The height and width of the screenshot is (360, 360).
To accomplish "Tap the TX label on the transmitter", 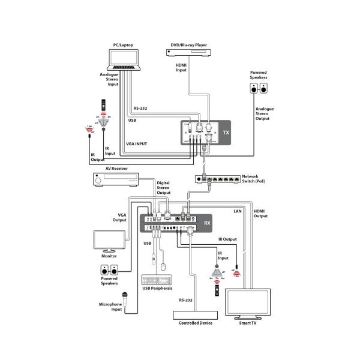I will click(x=226, y=133).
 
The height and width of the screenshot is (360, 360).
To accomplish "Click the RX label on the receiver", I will click(x=208, y=224).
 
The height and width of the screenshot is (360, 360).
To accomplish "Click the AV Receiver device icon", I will click(x=117, y=179).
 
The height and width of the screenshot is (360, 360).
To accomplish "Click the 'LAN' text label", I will click(x=238, y=211).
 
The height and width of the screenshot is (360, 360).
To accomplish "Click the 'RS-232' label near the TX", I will click(x=140, y=108).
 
